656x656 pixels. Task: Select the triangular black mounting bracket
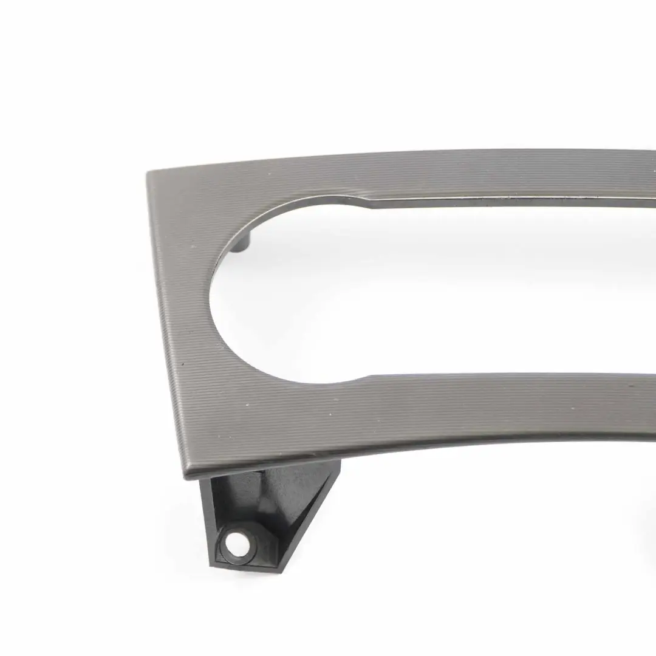(x=267, y=510)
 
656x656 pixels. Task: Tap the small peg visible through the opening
(x=244, y=244)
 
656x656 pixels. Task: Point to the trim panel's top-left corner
(x=149, y=174)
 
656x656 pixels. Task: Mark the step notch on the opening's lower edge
(x=363, y=378)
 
